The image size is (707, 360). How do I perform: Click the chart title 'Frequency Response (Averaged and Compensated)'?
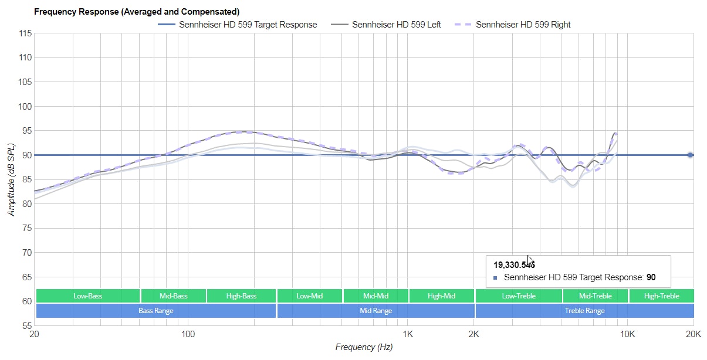(136, 12)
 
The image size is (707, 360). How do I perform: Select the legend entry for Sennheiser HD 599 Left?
(396, 25)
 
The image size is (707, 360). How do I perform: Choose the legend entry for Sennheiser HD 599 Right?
(523, 25)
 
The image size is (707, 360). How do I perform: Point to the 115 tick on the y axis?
(24, 33)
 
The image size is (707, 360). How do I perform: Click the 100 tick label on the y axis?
(24, 107)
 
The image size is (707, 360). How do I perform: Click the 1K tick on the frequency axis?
(408, 335)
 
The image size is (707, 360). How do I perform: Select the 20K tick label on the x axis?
(693, 335)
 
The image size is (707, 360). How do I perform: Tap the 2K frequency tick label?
(474, 335)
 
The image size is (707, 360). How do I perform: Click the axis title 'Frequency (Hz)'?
(364, 347)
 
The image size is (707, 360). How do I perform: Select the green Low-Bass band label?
(87, 296)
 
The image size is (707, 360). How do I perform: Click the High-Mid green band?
(441, 296)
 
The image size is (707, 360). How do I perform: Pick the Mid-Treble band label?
(595, 296)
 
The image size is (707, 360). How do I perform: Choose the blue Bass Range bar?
(155, 311)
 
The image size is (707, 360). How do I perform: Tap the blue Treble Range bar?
(584, 311)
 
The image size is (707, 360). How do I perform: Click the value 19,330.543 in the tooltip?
(514, 265)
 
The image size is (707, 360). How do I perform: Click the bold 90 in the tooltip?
(651, 277)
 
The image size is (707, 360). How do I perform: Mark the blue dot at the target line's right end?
(691, 155)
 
